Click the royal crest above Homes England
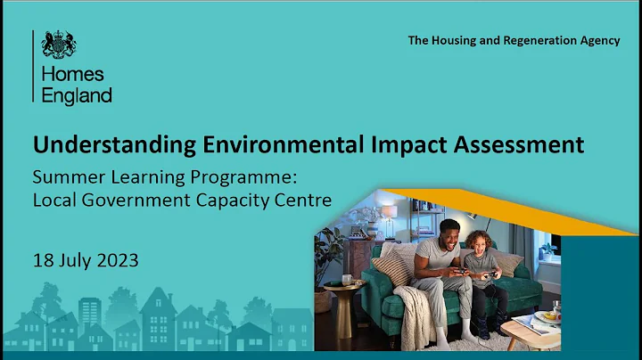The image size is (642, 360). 60,44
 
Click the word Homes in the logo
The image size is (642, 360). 73,74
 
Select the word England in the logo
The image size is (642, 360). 77,95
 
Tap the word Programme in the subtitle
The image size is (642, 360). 213,176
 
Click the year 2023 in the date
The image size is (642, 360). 118,261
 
